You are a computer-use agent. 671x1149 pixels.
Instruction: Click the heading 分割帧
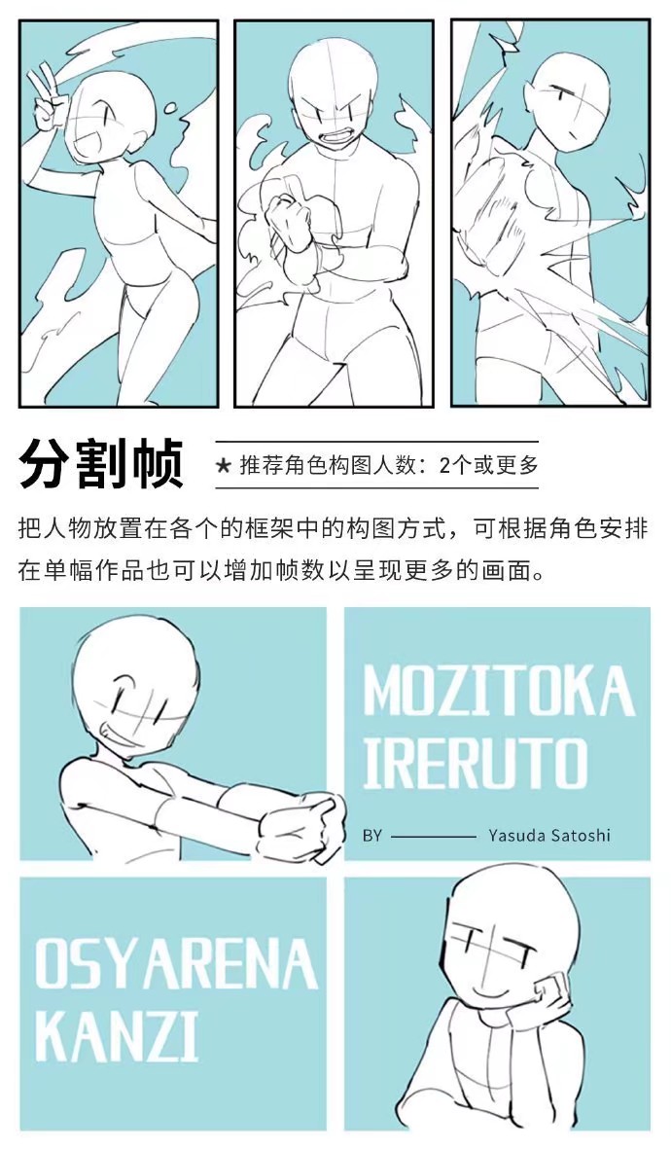click(x=100, y=463)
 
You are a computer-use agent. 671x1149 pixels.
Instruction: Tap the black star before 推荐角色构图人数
click(x=224, y=465)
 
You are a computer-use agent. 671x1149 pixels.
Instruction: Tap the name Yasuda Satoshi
click(x=549, y=835)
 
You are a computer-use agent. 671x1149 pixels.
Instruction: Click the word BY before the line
click(x=371, y=835)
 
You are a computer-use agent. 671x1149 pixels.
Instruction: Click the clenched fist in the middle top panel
click(x=289, y=218)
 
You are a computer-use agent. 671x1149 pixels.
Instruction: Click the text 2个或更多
click(x=488, y=465)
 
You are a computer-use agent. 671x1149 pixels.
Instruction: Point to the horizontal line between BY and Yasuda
click(x=432, y=835)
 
